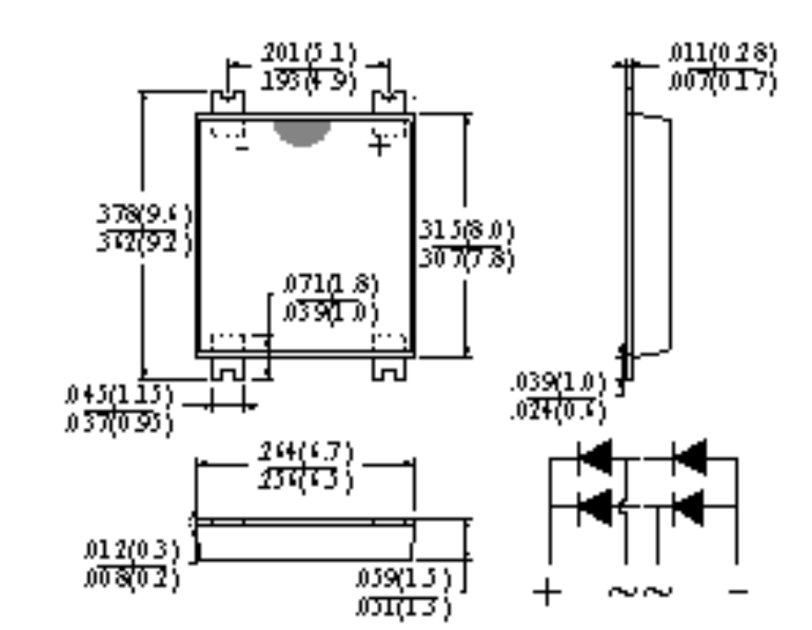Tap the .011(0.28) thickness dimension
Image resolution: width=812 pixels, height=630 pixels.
pyautogui.click(x=722, y=53)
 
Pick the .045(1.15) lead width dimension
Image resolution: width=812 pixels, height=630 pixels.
pyautogui.click(x=118, y=395)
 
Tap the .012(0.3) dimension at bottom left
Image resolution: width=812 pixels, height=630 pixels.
pyautogui.click(x=141, y=552)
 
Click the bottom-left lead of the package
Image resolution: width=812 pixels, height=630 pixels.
pyautogui.click(x=228, y=367)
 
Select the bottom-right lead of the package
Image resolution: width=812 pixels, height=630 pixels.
pyautogui.click(x=388, y=367)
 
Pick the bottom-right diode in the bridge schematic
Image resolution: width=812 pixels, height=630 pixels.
pyautogui.click(x=688, y=506)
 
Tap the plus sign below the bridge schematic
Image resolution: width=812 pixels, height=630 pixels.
pyautogui.click(x=548, y=591)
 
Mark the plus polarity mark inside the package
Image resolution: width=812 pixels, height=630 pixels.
pyautogui.click(x=379, y=145)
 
